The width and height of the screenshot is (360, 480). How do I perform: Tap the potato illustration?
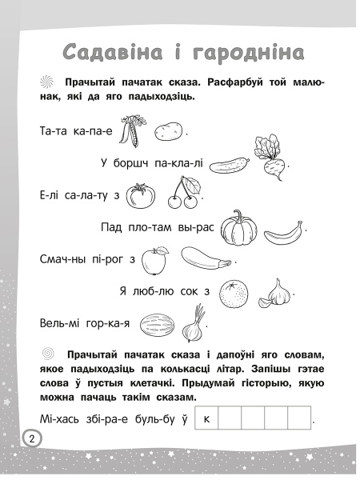click(168, 130)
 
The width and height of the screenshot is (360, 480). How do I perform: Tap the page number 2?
click(31, 438)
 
